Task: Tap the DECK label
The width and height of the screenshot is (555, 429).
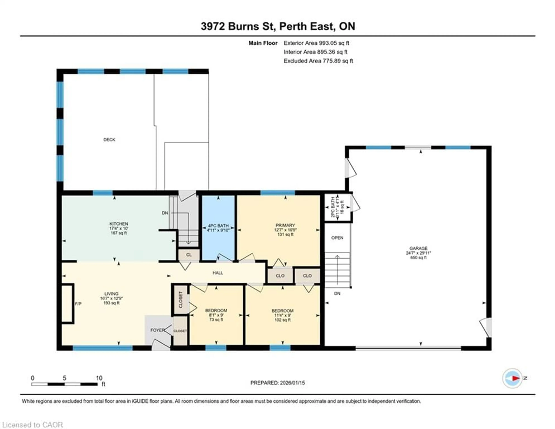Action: click(x=109, y=140)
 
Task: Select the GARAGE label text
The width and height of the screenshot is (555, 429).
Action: click(x=418, y=248)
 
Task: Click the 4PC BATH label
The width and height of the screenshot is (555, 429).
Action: click(x=218, y=226)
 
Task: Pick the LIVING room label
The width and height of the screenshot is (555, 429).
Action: click(x=111, y=294)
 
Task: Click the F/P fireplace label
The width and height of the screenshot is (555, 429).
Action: click(x=78, y=304)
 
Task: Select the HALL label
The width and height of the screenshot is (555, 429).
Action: click(x=218, y=273)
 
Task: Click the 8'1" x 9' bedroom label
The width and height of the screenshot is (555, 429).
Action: click(x=216, y=315)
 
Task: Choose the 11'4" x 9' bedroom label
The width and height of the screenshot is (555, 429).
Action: click(x=283, y=315)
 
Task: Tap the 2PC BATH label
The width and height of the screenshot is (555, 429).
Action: click(x=333, y=207)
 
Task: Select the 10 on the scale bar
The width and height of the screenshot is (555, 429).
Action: click(x=99, y=378)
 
